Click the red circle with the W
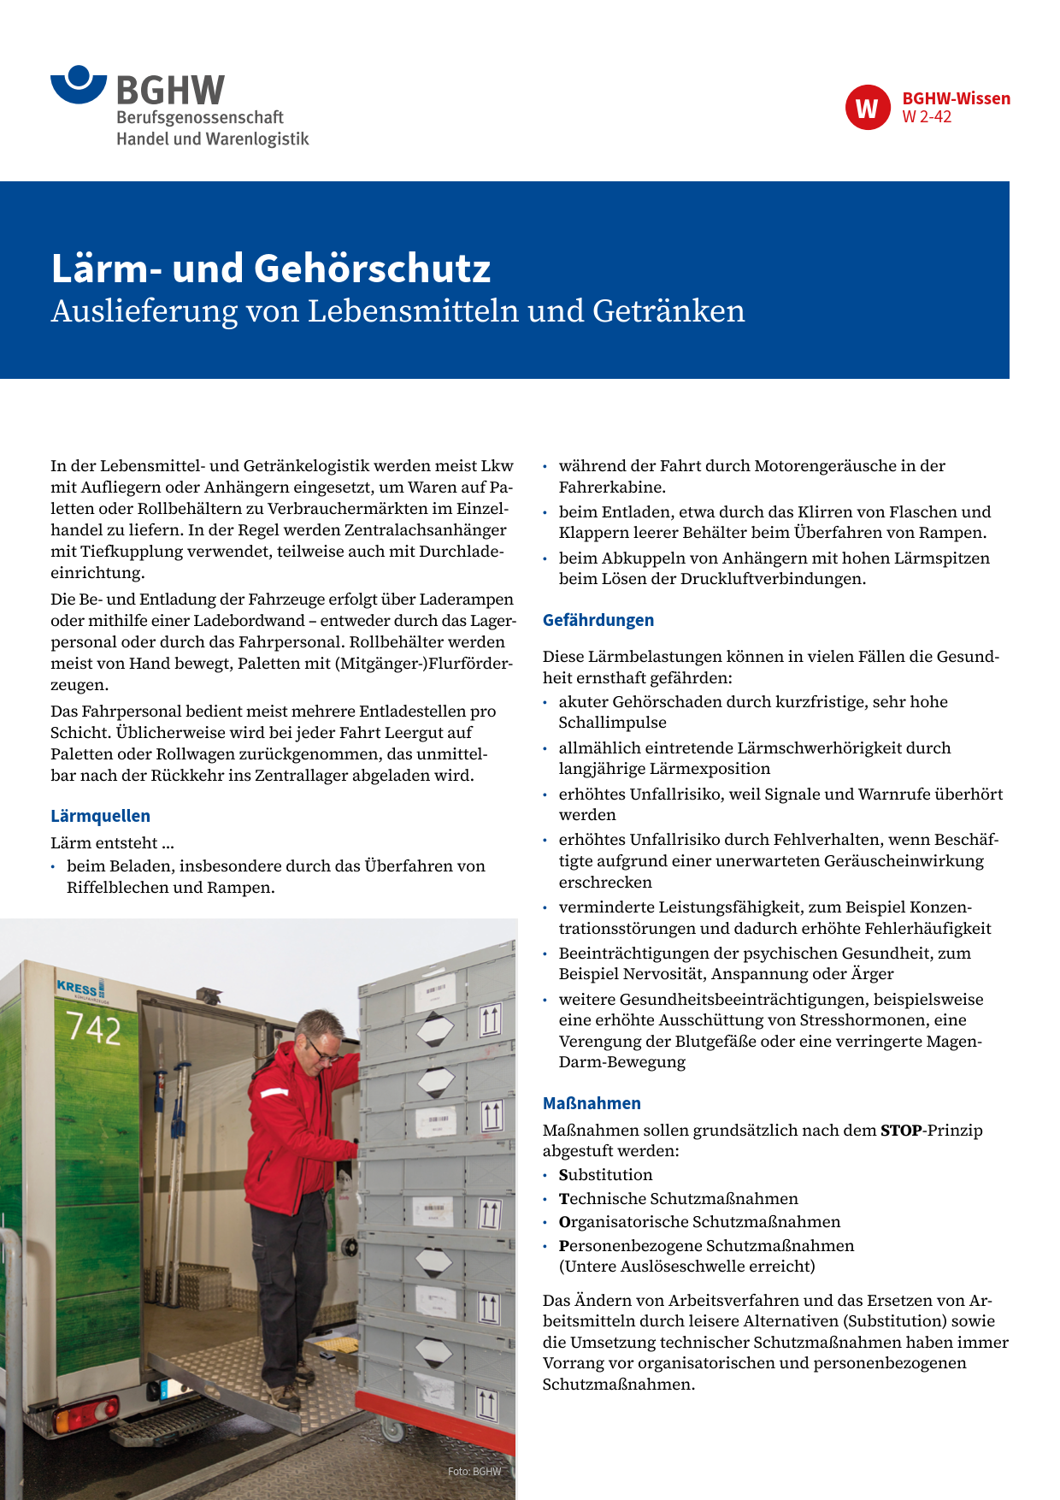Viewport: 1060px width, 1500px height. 868,108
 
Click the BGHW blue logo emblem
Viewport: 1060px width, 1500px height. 79,84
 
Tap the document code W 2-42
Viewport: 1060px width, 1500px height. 927,117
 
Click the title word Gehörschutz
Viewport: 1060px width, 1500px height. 373,269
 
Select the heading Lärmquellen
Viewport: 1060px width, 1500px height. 100,816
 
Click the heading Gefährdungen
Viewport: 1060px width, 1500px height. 598,620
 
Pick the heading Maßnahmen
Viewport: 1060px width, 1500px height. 592,1103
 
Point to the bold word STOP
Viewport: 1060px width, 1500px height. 901,1131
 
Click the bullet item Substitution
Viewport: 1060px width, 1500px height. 605,1175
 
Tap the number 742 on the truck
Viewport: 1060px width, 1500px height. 94,1028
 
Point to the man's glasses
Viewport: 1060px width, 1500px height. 323,1052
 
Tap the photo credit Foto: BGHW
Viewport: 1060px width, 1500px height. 474,1472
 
